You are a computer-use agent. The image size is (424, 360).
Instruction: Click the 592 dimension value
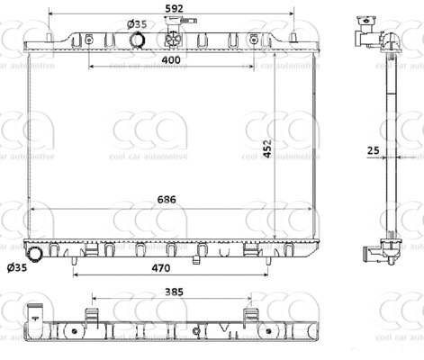tap(174, 8)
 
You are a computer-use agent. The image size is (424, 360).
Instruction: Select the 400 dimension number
tap(171, 60)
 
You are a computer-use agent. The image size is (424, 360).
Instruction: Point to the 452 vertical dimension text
tap(267, 148)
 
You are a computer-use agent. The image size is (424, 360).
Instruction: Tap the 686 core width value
tap(167, 200)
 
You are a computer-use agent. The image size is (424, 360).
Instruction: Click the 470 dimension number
tap(161, 268)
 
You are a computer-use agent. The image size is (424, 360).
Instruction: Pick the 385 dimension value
tap(174, 292)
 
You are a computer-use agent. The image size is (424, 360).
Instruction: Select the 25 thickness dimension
tap(374, 150)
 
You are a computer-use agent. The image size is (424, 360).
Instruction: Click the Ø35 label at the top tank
tap(137, 24)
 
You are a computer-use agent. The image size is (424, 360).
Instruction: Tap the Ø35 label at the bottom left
tap(17, 267)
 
